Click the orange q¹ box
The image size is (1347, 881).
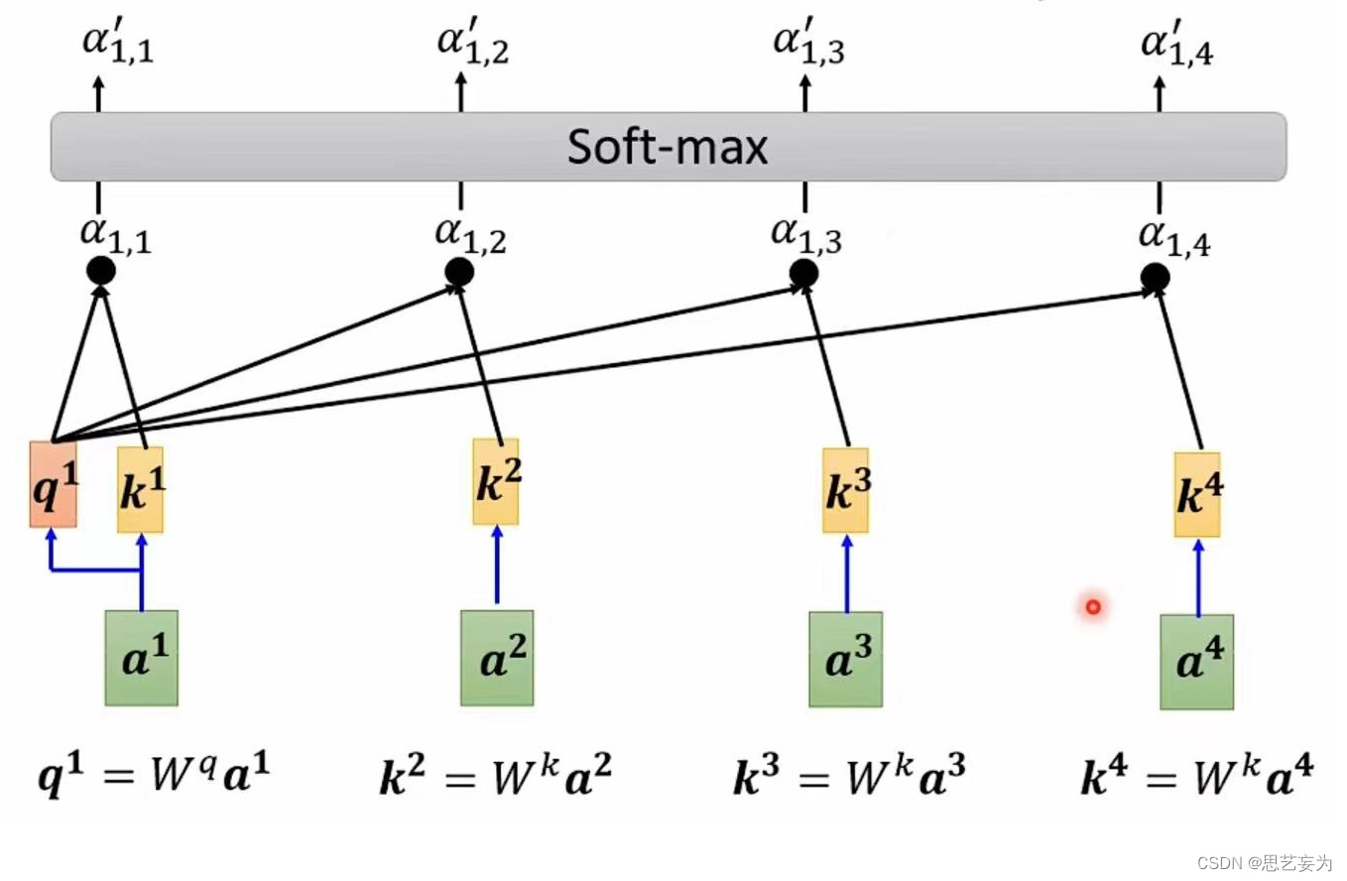(53, 484)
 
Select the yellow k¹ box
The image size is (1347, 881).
(141, 490)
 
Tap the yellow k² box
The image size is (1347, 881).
(495, 482)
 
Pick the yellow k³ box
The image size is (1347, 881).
(845, 490)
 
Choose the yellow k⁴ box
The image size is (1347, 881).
(1197, 495)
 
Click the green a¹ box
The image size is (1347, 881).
(142, 658)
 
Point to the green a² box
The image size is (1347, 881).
(497, 658)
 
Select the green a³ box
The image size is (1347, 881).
(845, 659)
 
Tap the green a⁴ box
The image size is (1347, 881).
(1197, 662)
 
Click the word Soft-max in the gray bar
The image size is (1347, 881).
(668, 148)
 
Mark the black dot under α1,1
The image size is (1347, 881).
(101, 270)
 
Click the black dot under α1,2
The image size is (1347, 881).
(459, 271)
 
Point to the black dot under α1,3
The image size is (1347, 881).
(803, 273)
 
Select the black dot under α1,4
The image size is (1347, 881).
(1155, 278)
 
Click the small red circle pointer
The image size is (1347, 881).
(1093, 606)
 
